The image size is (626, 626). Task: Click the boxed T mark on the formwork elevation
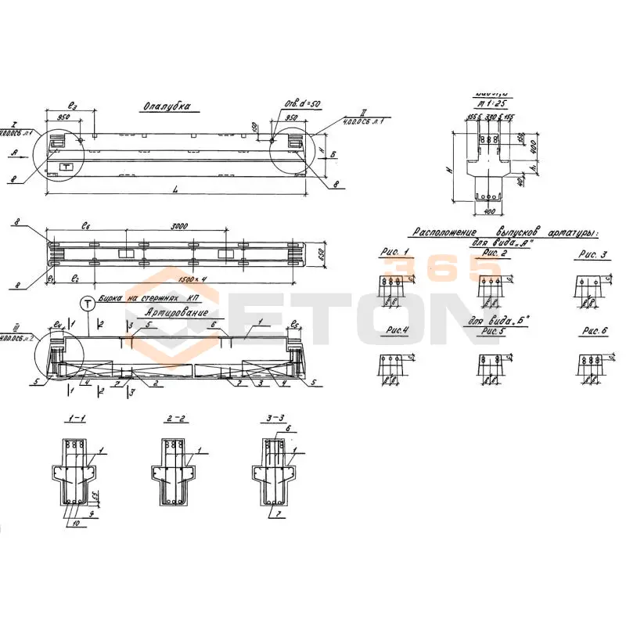click(67, 167)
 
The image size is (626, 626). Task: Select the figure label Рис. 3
click(592, 255)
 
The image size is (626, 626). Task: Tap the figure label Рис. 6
click(592, 332)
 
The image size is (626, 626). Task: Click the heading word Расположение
click(444, 232)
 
